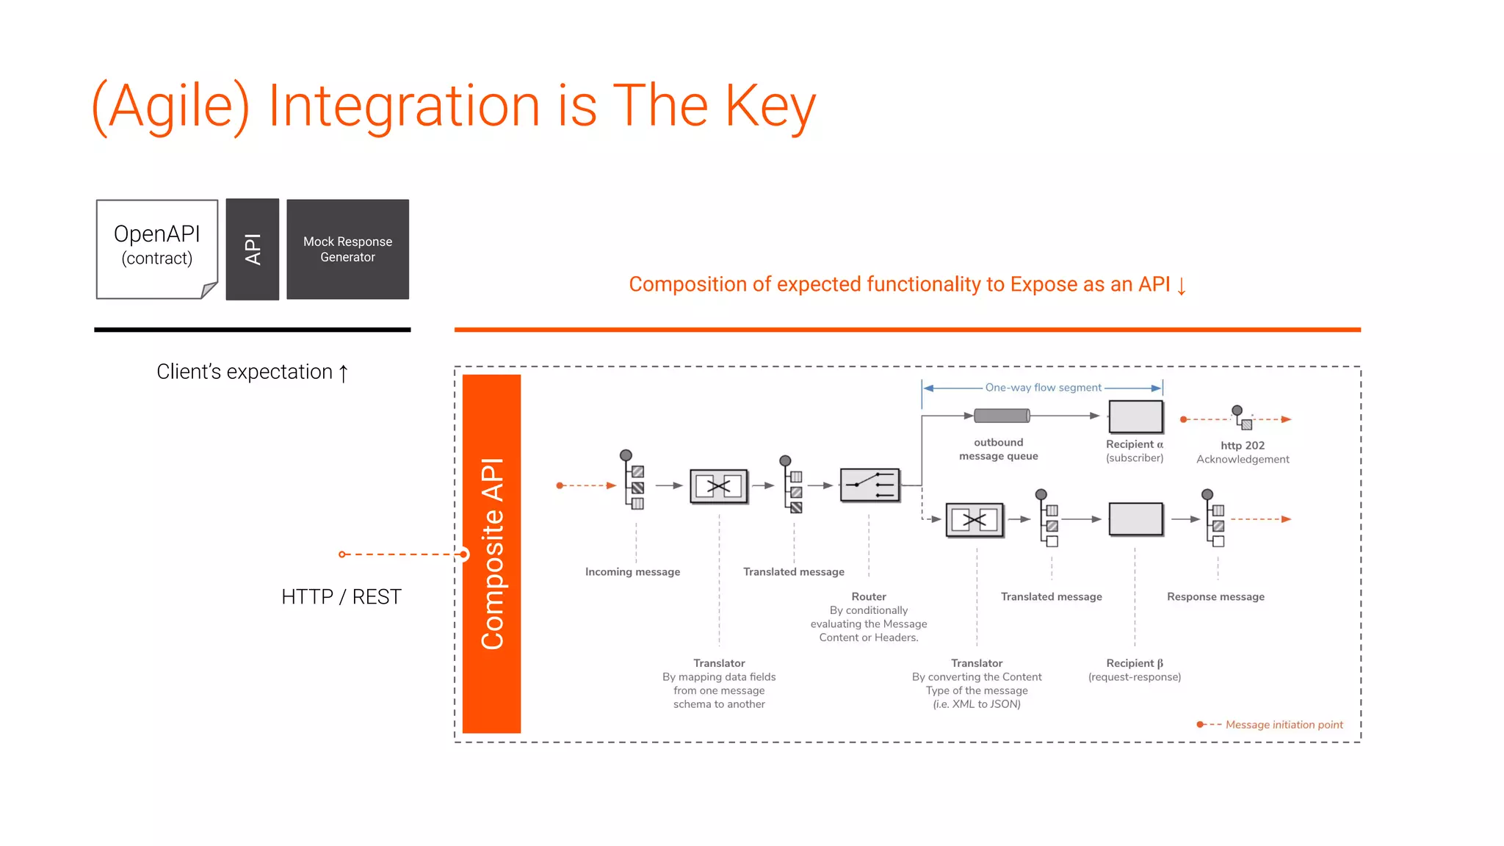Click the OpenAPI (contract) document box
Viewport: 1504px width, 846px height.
click(x=156, y=248)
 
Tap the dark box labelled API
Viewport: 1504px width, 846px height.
click(x=252, y=249)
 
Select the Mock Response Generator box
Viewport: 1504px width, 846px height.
click(x=347, y=249)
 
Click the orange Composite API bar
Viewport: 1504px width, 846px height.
click(x=491, y=554)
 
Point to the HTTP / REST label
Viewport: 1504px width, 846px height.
click(x=341, y=596)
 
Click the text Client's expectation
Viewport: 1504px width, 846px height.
click(x=245, y=372)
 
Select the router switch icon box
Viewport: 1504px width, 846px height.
click(x=869, y=485)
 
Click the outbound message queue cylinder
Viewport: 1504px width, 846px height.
click(x=1002, y=416)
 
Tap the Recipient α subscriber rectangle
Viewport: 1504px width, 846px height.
click(x=1135, y=416)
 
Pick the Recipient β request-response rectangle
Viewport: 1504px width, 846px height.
click(x=1135, y=519)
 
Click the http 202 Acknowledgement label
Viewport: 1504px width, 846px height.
click(x=1243, y=452)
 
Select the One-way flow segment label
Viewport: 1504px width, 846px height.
click(x=1043, y=388)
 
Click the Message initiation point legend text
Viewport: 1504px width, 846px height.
click(x=1284, y=725)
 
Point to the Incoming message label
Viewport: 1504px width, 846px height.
click(x=632, y=572)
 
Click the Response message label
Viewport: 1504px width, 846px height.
click(x=1215, y=597)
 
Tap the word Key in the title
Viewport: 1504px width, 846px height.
click(x=770, y=106)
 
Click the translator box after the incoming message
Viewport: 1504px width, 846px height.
click(x=718, y=485)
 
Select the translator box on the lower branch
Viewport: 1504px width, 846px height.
click(x=975, y=520)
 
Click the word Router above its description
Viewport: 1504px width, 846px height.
click(x=869, y=597)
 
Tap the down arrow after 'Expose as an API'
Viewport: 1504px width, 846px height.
click(x=1181, y=285)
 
